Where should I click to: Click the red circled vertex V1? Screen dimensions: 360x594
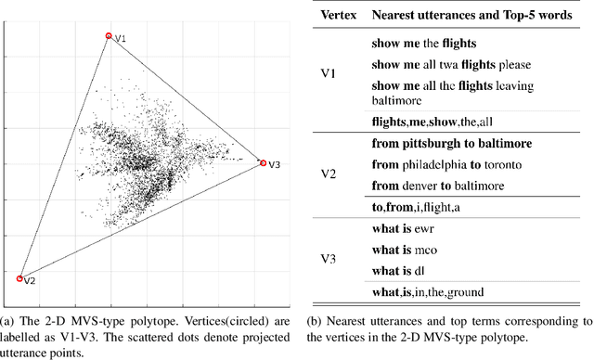pos(109,36)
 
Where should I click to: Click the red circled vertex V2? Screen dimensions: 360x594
pos(20,277)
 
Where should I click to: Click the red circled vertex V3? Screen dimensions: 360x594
pos(263,163)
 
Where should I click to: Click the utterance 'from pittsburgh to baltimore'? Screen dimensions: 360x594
pos(451,144)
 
